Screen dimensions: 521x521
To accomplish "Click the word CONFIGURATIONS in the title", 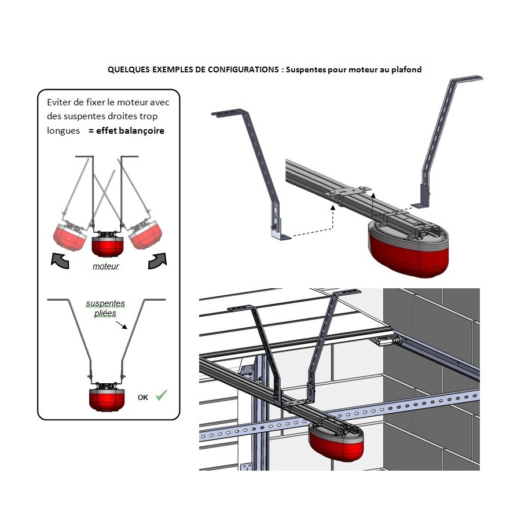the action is tap(243, 70).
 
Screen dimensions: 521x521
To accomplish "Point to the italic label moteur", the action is tap(106, 266).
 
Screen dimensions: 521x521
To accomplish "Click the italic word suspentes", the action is tap(105, 303).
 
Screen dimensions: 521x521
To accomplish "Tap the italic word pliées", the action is tap(105, 313).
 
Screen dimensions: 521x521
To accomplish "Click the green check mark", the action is tap(162, 395).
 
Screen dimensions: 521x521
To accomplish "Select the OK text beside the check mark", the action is tap(143, 397).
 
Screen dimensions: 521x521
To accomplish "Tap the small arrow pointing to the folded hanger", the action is tap(122, 325).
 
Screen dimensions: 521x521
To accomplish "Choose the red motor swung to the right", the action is tap(145, 235).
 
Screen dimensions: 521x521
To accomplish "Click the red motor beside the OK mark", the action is tap(107, 399).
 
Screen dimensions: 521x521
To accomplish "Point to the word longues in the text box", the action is tap(63, 131).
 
